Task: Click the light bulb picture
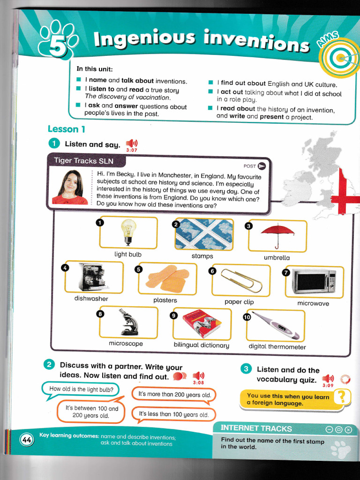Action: (x=128, y=232)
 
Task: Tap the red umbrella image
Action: (x=277, y=234)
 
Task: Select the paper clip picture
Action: (x=241, y=280)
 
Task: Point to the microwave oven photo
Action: (x=314, y=282)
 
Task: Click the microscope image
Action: (x=128, y=322)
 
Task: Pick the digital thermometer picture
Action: (x=276, y=325)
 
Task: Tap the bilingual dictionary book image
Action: (x=202, y=324)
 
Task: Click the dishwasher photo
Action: (x=93, y=277)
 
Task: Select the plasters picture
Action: (x=167, y=278)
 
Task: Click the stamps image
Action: (x=204, y=234)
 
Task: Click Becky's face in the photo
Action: (x=70, y=183)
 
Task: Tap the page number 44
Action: (x=27, y=439)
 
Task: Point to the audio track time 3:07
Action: (x=132, y=150)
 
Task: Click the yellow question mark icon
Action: (x=342, y=397)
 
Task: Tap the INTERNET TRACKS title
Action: (x=256, y=428)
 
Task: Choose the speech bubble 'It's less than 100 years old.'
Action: (x=173, y=414)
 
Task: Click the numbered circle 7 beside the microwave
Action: (x=286, y=272)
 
